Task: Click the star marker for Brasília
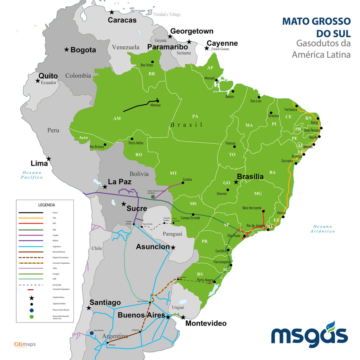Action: pyautogui.click(x=236, y=182)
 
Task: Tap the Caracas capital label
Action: pyautogui.click(x=122, y=20)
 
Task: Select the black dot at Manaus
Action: pyautogui.click(x=157, y=101)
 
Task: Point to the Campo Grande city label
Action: pyautogui.click(x=190, y=218)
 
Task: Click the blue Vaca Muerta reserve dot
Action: pyautogui.click(x=91, y=333)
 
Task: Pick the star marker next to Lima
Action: pyautogui.click(x=49, y=159)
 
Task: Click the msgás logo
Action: pyautogui.click(x=309, y=334)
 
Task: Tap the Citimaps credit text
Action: pyautogui.click(x=25, y=344)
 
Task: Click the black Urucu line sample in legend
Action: pyautogui.click(x=31, y=213)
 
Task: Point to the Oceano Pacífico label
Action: pyautogui.click(x=32, y=175)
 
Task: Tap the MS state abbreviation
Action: pyautogui.click(x=193, y=204)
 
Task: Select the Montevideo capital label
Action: pyautogui.click(x=206, y=323)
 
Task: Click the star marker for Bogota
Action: pyautogui.click(x=66, y=50)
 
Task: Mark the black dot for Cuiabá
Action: pyautogui.click(x=183, y=183)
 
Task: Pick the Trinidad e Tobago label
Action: pyautogui.click(x=167, y=14)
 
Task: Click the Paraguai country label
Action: pyautogui.click(x=172, y=234)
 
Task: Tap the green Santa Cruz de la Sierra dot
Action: pyautogui.click(x=153, y=197)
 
